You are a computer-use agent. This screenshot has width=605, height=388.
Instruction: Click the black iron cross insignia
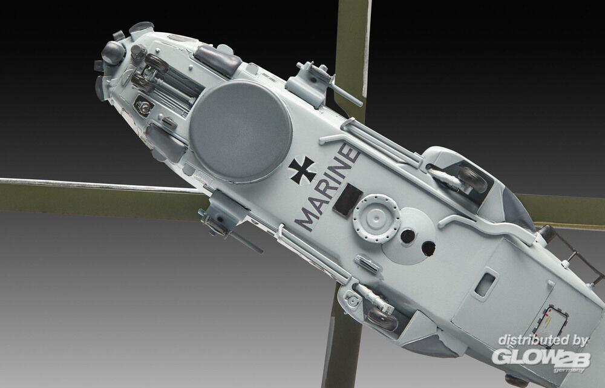click(x=302, y=170)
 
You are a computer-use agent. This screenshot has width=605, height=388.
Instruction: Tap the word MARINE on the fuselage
click(x=327, y=186)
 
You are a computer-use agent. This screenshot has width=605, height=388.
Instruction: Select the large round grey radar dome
click(x=240, y=131)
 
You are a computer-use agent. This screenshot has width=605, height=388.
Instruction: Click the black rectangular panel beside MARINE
click(x=347, y=199)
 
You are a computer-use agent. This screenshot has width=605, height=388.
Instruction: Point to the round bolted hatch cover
click(x=376, y=218)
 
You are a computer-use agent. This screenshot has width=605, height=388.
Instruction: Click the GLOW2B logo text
click(x=540, y=359)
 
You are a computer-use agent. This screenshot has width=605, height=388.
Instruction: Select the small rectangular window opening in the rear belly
click(x=485, y=285)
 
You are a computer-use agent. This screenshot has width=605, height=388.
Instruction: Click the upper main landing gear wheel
click(x=473, y=180)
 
